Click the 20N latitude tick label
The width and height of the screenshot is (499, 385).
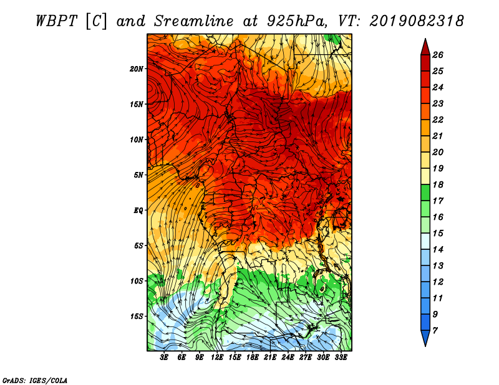click(137, 69)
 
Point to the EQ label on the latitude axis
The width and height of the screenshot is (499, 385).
click(138, 211)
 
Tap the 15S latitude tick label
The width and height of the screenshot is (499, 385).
click(137, 316)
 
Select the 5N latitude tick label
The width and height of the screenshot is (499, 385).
click(138, 175)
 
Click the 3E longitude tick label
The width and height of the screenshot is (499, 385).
click(164, 358)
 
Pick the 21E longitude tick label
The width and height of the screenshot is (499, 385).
click(270, 358)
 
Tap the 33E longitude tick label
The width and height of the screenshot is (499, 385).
click(341, 358)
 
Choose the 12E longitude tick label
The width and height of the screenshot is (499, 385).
click(216, 358)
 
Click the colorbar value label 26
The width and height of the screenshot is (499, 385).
click(438, 55)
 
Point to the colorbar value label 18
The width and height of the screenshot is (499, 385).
click(438, 184)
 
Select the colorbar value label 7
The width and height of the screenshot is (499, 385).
click(435, 331)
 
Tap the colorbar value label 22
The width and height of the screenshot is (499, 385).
click(438, 120)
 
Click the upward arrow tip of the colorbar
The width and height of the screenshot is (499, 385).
click(425, 39)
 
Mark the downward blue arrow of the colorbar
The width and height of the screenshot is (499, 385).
click(425, 338)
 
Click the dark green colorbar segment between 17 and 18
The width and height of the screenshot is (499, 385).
click(425, 192)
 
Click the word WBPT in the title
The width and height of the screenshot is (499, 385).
click(56, 21)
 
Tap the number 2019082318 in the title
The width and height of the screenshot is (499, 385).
click(417, 21)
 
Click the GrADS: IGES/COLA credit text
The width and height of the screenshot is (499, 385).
click(35, 381)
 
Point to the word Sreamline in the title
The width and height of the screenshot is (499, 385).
click(193, 21)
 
